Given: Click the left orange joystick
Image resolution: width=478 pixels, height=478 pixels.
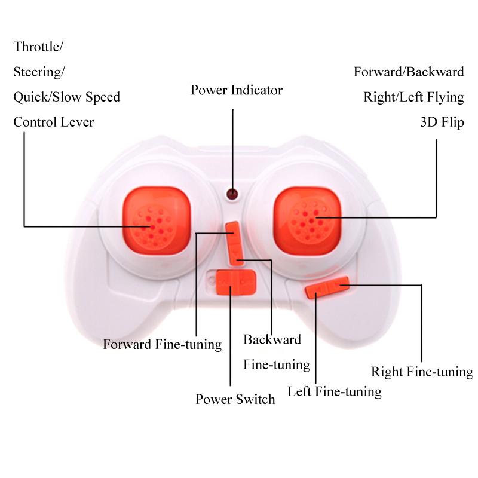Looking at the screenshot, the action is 157,220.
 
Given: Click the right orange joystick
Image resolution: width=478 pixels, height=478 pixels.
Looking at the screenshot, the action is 307,220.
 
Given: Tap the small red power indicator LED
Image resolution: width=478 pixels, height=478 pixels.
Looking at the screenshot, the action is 232,194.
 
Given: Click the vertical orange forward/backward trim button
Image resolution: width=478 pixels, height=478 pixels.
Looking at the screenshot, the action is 234,244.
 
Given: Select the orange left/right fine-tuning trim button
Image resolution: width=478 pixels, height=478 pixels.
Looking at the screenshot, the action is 327,287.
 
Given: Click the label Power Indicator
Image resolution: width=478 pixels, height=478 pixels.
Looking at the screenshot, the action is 237,90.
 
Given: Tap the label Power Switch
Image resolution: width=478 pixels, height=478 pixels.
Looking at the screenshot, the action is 235,399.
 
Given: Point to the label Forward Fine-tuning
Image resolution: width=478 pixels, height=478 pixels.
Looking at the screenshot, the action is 162,345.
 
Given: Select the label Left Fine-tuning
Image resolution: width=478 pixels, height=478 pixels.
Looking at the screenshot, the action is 335,392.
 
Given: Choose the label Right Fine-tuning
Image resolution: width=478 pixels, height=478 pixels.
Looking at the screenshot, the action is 422,372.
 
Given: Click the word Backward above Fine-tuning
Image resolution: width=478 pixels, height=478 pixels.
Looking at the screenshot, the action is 272,339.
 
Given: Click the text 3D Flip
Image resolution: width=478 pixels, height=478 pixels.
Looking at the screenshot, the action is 442,122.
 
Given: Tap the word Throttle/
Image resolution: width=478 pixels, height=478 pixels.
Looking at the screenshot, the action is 38,47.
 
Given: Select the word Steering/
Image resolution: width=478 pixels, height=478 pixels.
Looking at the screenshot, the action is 39,72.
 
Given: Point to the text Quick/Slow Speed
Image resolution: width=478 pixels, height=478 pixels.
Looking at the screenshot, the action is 66,97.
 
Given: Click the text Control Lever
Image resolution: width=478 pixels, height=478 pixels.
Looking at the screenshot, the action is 54,122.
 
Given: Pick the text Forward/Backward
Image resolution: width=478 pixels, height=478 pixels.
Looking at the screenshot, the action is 409,72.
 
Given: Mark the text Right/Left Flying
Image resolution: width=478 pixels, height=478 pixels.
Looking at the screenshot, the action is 413,97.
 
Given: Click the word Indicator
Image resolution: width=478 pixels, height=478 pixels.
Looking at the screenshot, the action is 257,90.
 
